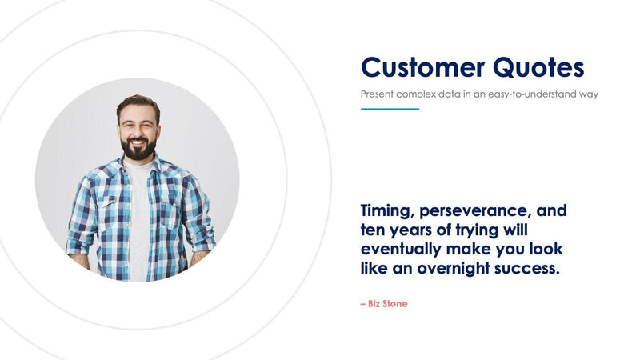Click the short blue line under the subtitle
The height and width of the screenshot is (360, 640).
390,109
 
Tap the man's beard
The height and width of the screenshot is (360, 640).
138,149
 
